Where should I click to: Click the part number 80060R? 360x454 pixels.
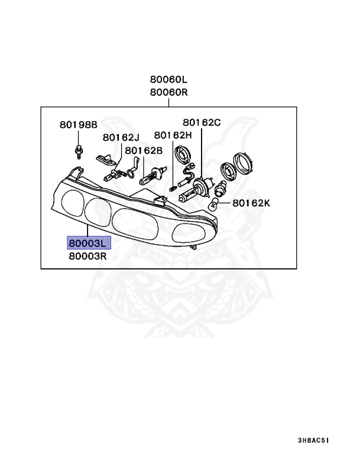[x=168, y=92]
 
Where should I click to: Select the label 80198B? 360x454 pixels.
[x=77, y=125]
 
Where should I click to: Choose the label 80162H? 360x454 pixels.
[x=173, y=135]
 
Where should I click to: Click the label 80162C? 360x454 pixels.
[x=202, y=122]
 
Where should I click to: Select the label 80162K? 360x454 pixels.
[x=251, y=203]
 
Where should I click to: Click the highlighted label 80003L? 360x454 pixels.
[x=88, y=243]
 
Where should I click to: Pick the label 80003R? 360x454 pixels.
[x=88, y=257]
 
